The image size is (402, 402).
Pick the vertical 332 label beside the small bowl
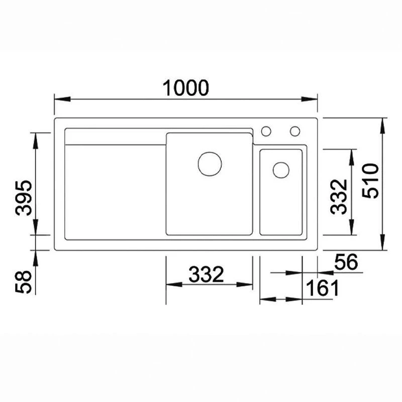point(340,196)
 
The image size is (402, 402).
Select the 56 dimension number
point(345,262)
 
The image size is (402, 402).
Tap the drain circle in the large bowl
point(210,164)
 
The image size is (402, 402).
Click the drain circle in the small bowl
point(281,169)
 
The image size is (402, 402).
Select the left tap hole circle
point(266,131)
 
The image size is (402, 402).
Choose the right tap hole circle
point(295,131)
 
